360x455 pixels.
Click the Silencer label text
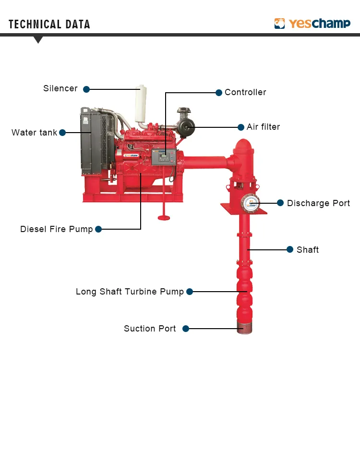point(60,88)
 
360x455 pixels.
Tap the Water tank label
point(34,133)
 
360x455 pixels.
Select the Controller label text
point(245,92)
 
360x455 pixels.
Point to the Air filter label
point(263,127)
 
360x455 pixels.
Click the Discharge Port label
point(318,203)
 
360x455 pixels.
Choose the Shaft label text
point(308,250)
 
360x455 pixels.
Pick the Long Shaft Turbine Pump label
point(130,292)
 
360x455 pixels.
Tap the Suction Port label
point(150,329)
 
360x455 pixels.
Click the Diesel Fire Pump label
point(56,229)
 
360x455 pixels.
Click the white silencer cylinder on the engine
point(141,104)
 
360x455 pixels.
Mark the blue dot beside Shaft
point(290,249)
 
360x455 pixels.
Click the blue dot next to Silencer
point(86,89)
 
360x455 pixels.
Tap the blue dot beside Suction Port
point(186,329)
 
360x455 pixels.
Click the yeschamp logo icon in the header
point(280,24)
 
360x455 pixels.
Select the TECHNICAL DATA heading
point(49,25)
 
